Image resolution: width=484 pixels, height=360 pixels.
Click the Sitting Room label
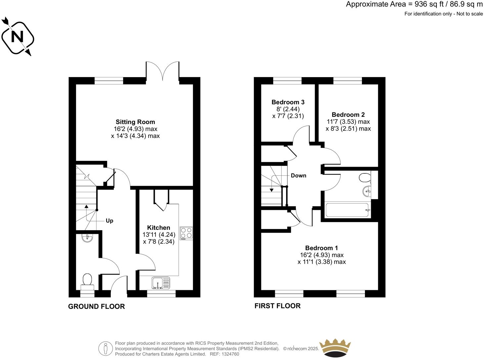tap(135, 122)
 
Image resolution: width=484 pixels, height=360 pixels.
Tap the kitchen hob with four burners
tap(186, 233)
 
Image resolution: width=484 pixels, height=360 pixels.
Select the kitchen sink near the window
tap(161, 283)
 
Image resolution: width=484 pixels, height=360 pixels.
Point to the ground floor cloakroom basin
tap(87, 238)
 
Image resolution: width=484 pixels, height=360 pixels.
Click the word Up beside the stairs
tap(110, 221)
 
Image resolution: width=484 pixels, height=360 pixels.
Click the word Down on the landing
tap(298, 176)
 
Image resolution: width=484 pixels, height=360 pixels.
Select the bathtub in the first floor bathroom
tap(347, 210)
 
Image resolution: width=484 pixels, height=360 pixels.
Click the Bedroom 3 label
tap(288, 102)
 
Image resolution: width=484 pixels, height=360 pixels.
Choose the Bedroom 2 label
tap(348, 115)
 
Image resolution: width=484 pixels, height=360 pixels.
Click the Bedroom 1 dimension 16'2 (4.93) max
tap(322, 255)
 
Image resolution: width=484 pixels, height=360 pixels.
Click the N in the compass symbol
tap(17, 37)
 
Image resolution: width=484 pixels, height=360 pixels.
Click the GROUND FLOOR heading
tap(96, 307)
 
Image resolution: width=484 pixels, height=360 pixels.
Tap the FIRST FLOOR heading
tap(277, 306)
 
